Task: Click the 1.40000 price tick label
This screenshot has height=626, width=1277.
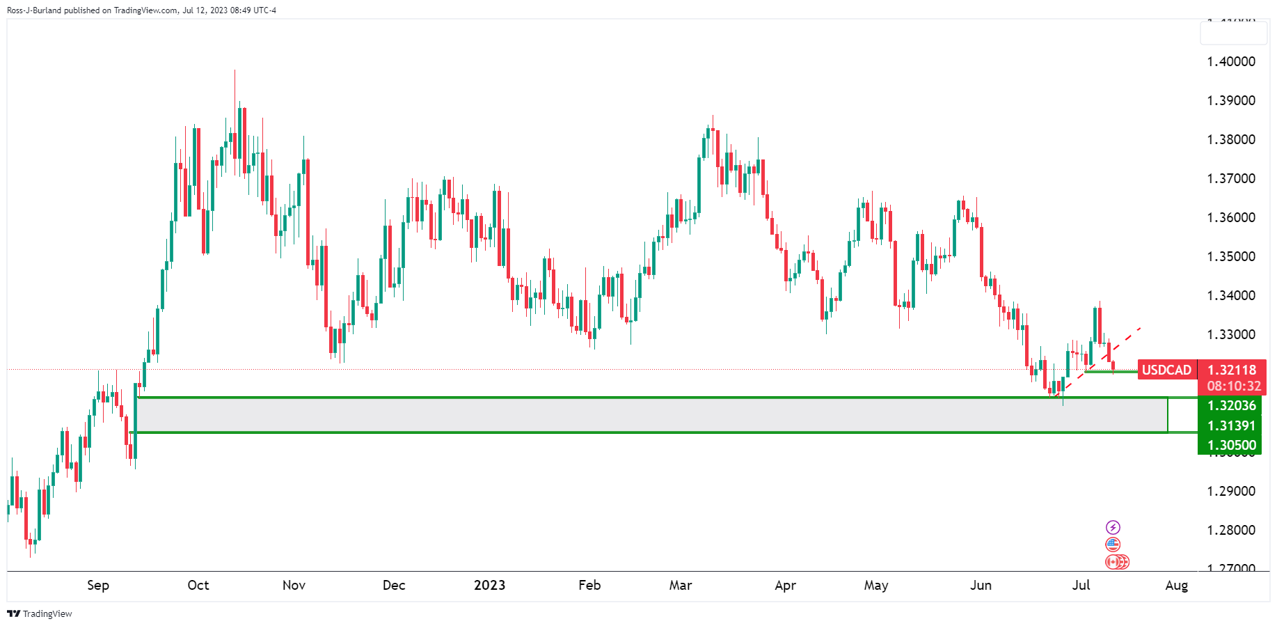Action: point(1231,61)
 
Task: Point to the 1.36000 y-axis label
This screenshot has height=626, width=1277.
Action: point(1231,217)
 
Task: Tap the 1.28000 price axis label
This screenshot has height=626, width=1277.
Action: point(1231,530)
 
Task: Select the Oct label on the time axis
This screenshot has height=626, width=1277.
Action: point(198,585)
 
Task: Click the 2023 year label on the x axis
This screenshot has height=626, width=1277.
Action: point(489,585)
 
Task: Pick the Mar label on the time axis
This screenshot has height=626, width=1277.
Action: point(680,585)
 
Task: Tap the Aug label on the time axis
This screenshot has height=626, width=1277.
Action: point(1176,585)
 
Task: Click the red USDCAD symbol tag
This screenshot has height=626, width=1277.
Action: point(1166,370)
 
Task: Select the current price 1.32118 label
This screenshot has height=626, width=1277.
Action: point(1231,370)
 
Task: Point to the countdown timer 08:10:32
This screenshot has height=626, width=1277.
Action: point(1233,386)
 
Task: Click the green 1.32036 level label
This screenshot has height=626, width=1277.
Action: point(1231,405)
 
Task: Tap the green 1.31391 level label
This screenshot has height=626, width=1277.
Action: point(1231,425)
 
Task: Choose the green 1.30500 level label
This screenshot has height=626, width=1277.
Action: point(1231,445)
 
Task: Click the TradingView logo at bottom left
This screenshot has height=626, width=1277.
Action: point(40,613)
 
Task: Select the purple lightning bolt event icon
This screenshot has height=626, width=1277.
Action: point(1113,527)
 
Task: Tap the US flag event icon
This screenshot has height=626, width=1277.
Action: point(1113,545)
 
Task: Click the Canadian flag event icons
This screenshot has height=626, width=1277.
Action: point(1117,562)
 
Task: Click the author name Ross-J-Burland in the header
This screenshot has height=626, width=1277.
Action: point(34,10)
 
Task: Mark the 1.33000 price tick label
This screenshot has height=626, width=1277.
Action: point(1231,334)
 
